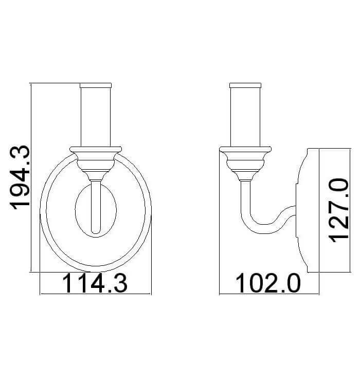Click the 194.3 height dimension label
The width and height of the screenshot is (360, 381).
click(x=20, y=177)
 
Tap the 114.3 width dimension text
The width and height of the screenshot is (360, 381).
click(x=95, y=283)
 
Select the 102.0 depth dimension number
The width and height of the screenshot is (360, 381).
click(x=268, y=283)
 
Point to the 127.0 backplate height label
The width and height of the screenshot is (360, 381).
click(x=338, y=210)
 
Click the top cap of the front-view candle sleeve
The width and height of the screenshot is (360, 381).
click(x=96, y=85)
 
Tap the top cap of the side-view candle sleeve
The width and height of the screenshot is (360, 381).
click(x=245, y=85)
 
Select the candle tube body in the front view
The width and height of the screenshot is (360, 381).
click(x=96, y=117)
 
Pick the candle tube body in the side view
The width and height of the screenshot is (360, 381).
click(x=245, y=117)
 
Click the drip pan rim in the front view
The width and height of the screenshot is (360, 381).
click(x=96, y=149)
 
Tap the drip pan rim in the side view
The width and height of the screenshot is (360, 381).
click(x=245, y=149)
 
